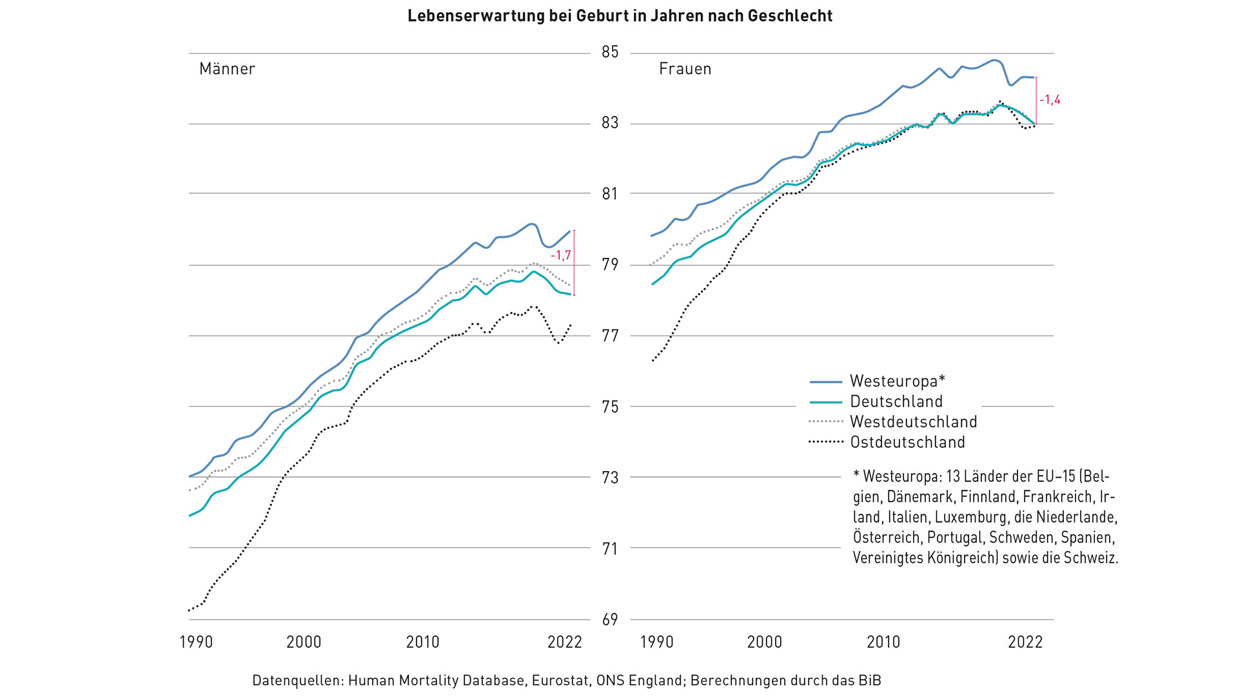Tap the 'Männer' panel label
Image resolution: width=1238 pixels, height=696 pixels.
(x=227, y=69)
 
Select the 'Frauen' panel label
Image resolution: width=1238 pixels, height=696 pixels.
(x=685, y=69)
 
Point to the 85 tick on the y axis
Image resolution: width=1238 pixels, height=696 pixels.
(x=610, y=52)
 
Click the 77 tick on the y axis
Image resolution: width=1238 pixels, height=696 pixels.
(x=610, y=336)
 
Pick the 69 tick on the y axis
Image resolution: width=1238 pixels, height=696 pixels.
(x=610, y=619)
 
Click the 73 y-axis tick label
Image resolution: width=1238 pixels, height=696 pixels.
(x=610, y=478)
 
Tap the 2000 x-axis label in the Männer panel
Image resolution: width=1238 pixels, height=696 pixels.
(x=304, y=642)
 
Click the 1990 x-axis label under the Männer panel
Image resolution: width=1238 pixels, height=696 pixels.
(x=196, y=642)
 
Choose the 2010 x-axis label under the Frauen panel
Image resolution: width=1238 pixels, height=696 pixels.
(x=883, y=642)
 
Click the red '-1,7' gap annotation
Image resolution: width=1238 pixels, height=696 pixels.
(x=561, y=256)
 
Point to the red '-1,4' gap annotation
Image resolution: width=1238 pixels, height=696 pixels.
(x=1050, y=100)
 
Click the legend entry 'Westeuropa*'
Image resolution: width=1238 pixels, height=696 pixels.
(x=897, y=381)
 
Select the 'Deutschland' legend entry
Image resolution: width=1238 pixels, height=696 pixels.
(x=896, y=401)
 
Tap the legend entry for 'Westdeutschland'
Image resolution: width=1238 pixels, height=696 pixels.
(x=913, y=422)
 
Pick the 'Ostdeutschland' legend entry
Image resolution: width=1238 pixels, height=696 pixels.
(x=907, y=443)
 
